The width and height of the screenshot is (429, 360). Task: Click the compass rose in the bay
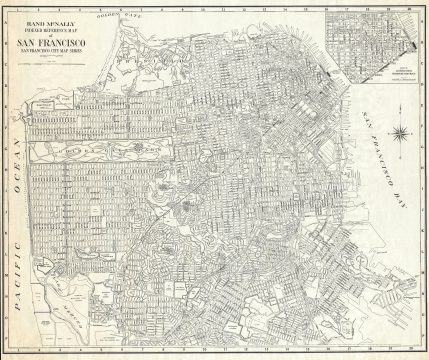(x=397, y=131)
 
